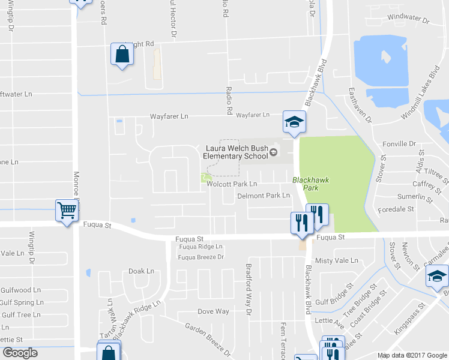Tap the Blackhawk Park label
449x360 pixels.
(305, 184)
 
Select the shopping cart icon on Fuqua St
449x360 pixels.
(67, 211)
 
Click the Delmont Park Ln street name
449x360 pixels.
(264, 196)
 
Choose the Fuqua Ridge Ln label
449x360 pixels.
(200, 247)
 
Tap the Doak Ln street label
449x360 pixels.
(142, 271)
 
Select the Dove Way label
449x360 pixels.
(214, 311)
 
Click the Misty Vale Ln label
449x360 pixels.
(337, 260)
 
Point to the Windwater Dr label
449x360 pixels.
(409, 19)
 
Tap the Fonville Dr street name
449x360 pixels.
(399, 144)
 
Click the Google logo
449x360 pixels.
(20, 353)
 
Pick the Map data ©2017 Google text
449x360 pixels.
(411, 355)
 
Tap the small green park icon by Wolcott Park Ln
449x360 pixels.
(206, 178)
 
